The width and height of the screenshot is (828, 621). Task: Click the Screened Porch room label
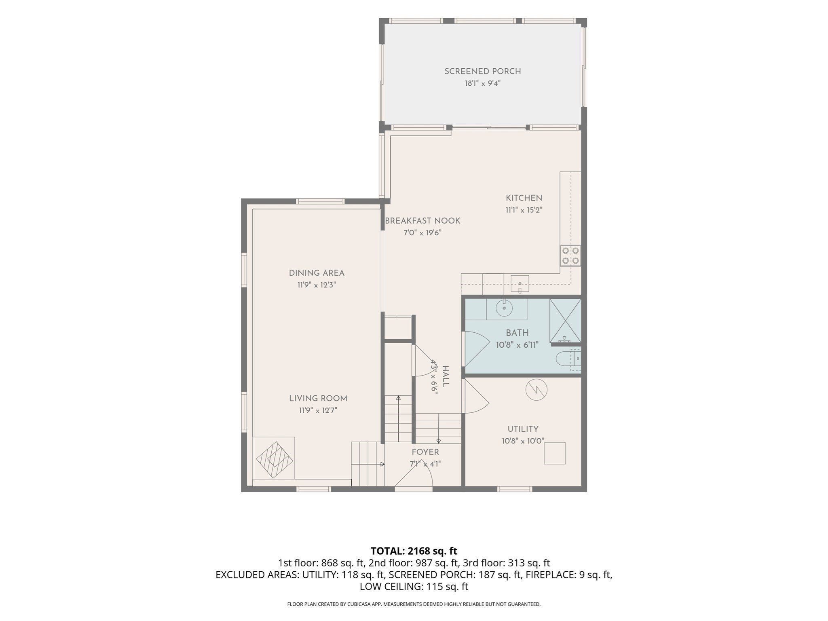[482, 72]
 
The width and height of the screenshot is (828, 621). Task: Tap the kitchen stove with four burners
[570, 256]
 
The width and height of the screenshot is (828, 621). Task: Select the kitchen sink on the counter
[520, 283]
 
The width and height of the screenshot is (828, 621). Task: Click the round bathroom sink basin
[504, 308]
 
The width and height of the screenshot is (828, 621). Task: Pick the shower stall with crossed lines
[565, 321]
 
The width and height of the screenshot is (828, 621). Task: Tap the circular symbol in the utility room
[536, 390]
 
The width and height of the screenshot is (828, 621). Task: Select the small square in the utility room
[555, 453]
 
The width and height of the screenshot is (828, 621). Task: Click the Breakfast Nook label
[422, 221]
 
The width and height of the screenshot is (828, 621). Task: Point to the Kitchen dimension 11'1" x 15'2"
[524, 210]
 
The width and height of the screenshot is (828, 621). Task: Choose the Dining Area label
[317, 273]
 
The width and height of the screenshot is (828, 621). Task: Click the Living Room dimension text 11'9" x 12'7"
[318, 411]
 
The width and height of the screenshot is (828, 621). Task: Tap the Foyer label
[425, 452]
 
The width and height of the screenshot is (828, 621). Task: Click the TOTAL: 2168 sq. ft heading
[414, 551]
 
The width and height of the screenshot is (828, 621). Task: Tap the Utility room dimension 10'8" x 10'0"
[523, 441]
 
